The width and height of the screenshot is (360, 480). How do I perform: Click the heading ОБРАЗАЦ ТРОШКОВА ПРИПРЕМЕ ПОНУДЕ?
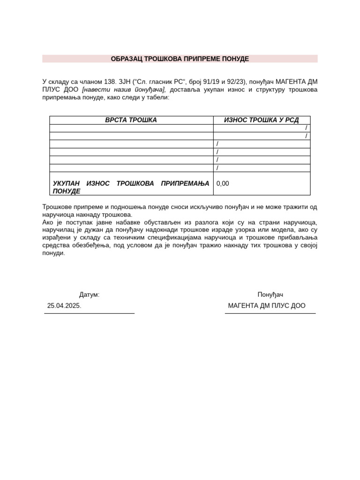coord(180,59)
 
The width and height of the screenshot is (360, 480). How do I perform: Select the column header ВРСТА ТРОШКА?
coord(131,120)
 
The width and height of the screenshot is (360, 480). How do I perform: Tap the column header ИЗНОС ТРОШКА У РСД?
coord(261,120)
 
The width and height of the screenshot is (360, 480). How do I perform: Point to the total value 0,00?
coord(223,183)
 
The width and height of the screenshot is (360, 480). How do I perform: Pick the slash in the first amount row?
coord(306,128)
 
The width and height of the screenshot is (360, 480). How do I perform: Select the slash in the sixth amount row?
coord(217,168)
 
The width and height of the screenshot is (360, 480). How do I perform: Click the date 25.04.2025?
coord(64,305)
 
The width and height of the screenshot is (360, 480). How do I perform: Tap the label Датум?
coord(89,295)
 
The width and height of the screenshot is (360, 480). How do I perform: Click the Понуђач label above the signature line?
coord(270,295)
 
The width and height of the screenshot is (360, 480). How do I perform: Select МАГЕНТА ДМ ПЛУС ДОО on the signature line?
coord(266,306)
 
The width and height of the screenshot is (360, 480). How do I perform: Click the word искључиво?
coord(206,207)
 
